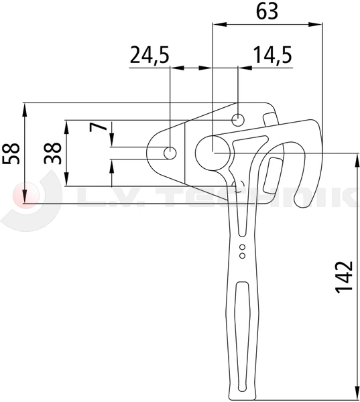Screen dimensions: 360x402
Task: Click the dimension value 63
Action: click(x=267, y=11)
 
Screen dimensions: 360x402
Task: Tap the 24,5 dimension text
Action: click(x=149, y=55)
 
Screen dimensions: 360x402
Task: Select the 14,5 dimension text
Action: click(x=273, y=55)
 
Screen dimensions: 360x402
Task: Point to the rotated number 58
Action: click(x=11, y=153)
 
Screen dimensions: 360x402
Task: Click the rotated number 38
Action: click(x=52, y=153)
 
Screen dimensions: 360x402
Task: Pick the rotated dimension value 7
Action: click(x=99, y=127)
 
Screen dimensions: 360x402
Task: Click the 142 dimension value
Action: click(x=345, y=277)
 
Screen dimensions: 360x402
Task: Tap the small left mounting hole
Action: click(x=170, y=153)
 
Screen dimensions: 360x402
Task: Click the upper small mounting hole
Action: click(x=238, y=120)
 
